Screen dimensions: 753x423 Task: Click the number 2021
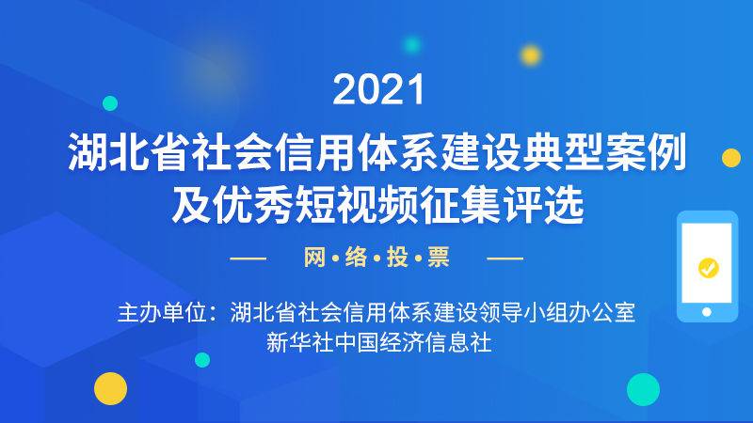tap(379, 89)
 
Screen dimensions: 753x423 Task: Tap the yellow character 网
tap(314, 257)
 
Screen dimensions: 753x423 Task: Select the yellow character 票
tap(439, 257)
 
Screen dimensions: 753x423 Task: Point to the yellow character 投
tap(397, 257)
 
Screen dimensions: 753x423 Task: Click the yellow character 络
tap(356, 257)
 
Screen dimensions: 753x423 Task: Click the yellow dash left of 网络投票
tap(248, 258)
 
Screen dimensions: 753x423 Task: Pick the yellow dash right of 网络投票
tap(505, 258)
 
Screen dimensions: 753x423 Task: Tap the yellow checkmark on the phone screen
tap(709, 268)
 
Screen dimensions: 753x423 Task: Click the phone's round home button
tap(707, 312)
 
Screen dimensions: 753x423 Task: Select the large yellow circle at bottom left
tap(110, 388)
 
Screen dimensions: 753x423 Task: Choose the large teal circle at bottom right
tap(643, 389)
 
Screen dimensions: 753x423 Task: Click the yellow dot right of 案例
tap(731, 158)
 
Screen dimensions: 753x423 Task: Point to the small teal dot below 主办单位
tap(202, 360)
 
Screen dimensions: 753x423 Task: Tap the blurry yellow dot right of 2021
tap(531, 55)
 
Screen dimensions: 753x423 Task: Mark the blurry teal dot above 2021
tap(412, 45)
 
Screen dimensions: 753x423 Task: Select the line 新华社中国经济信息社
tap(379, 343)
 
